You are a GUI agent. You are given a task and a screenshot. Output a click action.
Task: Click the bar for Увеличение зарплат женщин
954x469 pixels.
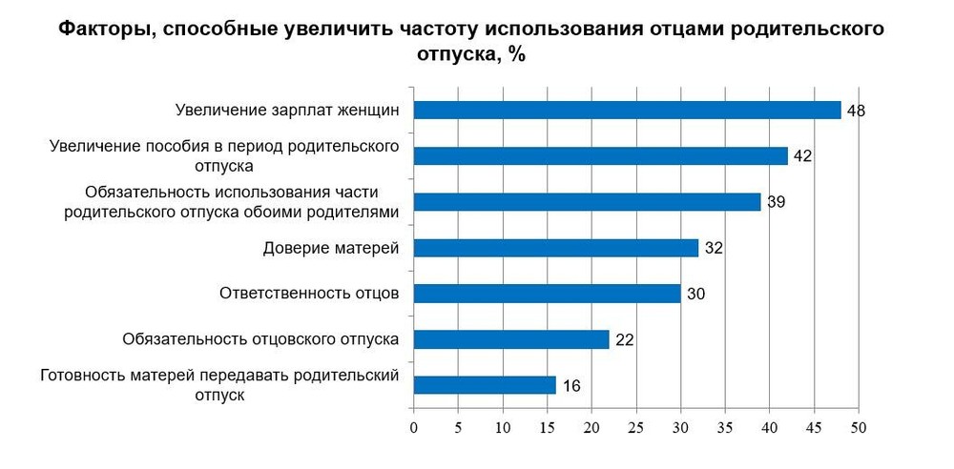pyautogui.click(x=627, y=110)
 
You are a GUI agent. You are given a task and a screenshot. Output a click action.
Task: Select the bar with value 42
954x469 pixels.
pyautogui.click(x=600, y=155)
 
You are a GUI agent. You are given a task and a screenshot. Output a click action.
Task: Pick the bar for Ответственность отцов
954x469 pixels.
pyautogui.click(x=547, y=294)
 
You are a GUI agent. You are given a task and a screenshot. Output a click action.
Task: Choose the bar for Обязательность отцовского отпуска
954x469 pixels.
pyautogui.click(x=510, y=339)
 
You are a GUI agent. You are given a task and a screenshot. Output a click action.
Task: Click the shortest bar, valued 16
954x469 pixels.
pyautogui.click(x=484, y=385)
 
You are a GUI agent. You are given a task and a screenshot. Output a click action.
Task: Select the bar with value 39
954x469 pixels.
pyautogui.click(x=587, y=201)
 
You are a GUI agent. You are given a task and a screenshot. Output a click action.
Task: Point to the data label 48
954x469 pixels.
pyautogui.click(x=856, y=111)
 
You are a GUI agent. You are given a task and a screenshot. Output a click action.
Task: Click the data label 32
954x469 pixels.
pyautogui.click(x=714, y=249)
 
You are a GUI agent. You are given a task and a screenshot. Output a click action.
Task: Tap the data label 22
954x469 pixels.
pyautogui.click(x=624, y=340)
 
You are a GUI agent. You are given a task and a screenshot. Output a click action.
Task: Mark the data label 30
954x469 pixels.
pyautogui.click(x=695, y=295)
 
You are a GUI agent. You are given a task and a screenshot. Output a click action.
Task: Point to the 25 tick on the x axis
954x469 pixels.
pyautogui.click(x=635, y=427)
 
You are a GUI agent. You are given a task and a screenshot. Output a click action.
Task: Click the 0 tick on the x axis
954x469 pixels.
pyautogui.click(x=413, y=427)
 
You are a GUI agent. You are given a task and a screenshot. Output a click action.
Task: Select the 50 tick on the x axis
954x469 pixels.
pyautogui.click(x=858, y=427)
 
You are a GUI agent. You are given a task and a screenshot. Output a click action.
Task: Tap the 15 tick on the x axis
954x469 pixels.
pyautogui.click(x=547, y=427)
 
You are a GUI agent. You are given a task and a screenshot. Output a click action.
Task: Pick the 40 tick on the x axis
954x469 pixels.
pyautogui.click(x=769, y=427)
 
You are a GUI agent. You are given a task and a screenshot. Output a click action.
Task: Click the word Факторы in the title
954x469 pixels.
pyautogui.click(x=105, y=30)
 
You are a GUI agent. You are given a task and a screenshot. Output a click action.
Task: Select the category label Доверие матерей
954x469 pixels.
pyautogui.click(x=330, y=249)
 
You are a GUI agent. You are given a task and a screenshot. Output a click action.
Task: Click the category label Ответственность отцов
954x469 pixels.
pyautogui.click(x=309, y=294)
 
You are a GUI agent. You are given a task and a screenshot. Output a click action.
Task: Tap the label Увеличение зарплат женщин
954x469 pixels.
pyautogui.click(x=286, y=110)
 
